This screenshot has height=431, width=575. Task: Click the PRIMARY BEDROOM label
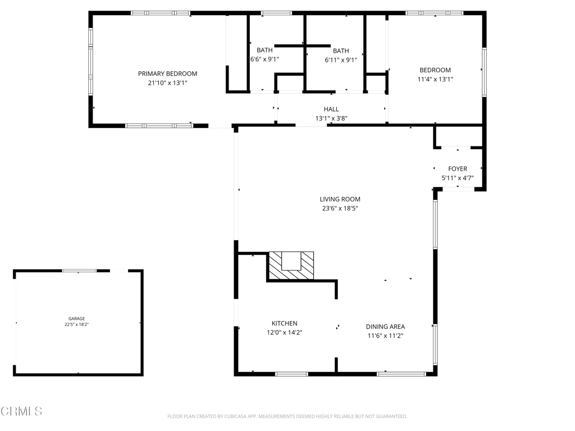pyautogui.click(x=167, y=74)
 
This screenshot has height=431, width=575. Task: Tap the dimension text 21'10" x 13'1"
pyautogui.click(x=167, y=83)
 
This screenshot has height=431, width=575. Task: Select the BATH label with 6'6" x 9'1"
pyautogui.click(x=264, y=50)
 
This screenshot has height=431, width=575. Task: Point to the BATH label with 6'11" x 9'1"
pyautogui.click(x=341, y=51)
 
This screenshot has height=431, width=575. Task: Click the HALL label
pyautogui.click(x=331, y=109)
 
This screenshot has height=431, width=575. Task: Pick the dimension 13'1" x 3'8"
pyautogui.click(x=331, y=118)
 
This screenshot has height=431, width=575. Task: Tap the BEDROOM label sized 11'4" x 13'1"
pyautogui.click(x=435, y=70)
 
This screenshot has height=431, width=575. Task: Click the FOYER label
pyautogui.click(x=458, y=168)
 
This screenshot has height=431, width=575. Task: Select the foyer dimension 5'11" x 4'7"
pyautogui.click(x=458, y=178)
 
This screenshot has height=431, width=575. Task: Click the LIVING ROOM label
pyautogui.click(x=340, y=199)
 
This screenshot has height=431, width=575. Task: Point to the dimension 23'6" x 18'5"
pyautogui.click(x=340, y=208)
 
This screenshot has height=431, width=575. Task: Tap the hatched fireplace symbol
pyautogui.click(x=291, y=265)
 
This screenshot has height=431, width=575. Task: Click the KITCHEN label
pyautogui.click(x=285, y=323)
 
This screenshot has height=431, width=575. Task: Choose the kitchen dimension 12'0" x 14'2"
pyautogui.click(x=285, y=333)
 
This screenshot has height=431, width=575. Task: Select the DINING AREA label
pyautogui.click(x=385, y=327)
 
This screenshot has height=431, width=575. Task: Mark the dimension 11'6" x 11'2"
pyautogui.click(x=385, y=336)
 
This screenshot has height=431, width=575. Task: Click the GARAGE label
pyautogui.click(x=76, y=319)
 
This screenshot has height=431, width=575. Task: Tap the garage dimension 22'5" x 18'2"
pyautogui.click(x=76, y=324)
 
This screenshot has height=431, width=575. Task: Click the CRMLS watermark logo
pyautogui.click(x=21, y=411)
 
